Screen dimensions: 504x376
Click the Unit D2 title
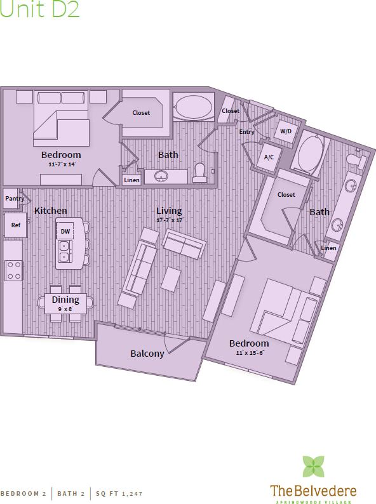[x=40, y=11]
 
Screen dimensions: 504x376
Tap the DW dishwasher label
[x=65, y=232]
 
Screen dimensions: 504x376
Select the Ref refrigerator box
[x=15, y=225]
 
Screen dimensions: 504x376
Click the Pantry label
[x=14, y=199]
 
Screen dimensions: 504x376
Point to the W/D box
[x=286, y=131]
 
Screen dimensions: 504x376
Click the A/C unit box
[x=268, y=157]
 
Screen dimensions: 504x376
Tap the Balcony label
[x=147, y=354]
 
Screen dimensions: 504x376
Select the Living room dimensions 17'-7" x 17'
[x=170, y=220]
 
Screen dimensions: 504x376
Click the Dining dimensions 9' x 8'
[x=65, y=308]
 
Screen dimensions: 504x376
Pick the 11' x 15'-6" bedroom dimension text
[x=248, y=352]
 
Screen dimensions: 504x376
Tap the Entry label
[x=246, y=132]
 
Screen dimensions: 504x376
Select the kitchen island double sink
[x=64, y=251]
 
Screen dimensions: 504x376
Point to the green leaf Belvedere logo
[x=312, y=466]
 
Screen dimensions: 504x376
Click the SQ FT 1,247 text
[x=119, y=493]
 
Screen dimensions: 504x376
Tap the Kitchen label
[x=51, y=211]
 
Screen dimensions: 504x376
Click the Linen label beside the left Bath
[x=131, y=180]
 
